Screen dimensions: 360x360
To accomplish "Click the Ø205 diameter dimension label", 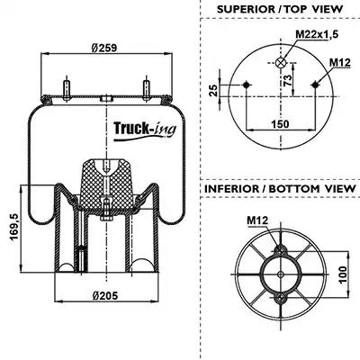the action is pos(105,295).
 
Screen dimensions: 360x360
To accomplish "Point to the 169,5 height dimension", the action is pos(14,227).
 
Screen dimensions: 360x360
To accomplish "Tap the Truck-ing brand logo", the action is pos(145,130).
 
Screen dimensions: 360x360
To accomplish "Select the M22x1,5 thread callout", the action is pos(317,34).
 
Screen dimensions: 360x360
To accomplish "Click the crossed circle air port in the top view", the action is pos(281,62).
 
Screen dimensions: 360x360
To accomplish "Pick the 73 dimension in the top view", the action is pos(287,80).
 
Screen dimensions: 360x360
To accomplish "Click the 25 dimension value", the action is pos(213,90).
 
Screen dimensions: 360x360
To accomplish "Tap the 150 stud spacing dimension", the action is pos(280,123).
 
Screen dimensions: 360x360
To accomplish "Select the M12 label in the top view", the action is pos(340,63).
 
